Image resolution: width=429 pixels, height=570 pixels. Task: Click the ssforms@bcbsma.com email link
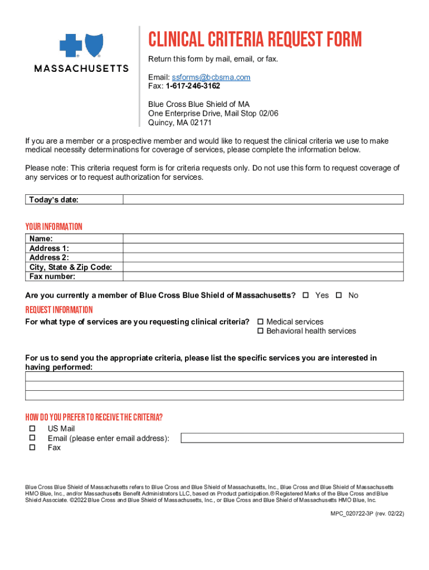pyautogui.click(x=211, y=77)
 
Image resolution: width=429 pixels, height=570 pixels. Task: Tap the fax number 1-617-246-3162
pyautogui.click(x=192, y=86)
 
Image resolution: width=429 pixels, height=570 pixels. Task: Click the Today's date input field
pyautogui.click(x=263, y=199)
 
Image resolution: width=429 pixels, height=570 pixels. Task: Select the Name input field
pyautogui.click(x=263, y=238)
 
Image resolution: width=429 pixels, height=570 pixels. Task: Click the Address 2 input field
pyautogui.click(x=263, y=258)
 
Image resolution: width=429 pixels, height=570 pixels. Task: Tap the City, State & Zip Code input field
pyautogui.click(x=263, y=267)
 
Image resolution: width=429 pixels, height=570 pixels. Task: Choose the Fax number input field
pyautogui.click(x=263, y=277)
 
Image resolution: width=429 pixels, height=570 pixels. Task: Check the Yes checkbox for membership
pyautogui.click(x=305, y=295)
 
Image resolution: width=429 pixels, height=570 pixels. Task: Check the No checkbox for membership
pyautogui.click(x=339, y=295)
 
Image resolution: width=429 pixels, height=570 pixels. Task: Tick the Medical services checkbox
pyautogui.click(x=260, y=322)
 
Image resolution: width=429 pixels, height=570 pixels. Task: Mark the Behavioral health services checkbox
pyautogui.click(x=260, y=331)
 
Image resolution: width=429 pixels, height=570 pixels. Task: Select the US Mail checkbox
pyautogui.click(x=32, y=429)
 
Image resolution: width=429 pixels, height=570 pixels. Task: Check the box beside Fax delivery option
pyautogui.click(x=32, y=448)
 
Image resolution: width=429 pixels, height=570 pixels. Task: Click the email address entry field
pyautogui.click(x=292, y=438)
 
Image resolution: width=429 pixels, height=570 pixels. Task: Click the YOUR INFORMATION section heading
pyautogui.click(x=53, y=227)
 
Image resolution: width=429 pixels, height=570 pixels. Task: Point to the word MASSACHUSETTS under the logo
pyautogui.click(x=82, y=68)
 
